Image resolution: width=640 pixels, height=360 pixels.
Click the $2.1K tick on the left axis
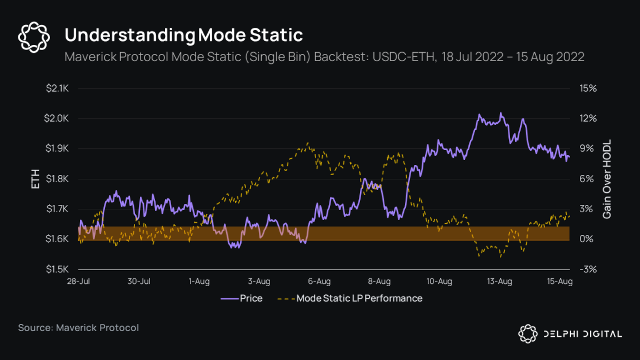[x=57, y=88]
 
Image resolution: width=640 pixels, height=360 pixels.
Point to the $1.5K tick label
[x=57, y=269]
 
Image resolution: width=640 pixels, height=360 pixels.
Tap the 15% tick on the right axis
[x=587, y=88]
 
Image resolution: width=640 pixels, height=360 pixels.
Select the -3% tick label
[x=588, y=269]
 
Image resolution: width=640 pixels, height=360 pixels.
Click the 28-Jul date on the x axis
[x=78, y=282]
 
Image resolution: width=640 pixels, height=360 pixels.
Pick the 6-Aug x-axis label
[x=319, y=282]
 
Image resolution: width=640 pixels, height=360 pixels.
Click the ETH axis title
[x=36, y=179]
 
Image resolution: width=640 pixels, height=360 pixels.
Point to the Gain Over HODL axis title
[x=607, y=179]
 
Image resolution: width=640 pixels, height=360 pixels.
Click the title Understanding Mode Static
[x=183, y=35]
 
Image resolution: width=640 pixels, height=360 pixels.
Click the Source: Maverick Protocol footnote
[x=78, y=328]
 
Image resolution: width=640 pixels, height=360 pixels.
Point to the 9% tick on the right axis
[x=587, y=149]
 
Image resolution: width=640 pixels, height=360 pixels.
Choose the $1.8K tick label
[x=57, y=179]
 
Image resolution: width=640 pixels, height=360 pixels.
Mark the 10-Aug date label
[x=439, y=282]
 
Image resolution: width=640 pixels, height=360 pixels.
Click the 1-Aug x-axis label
[x=199, y=282]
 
